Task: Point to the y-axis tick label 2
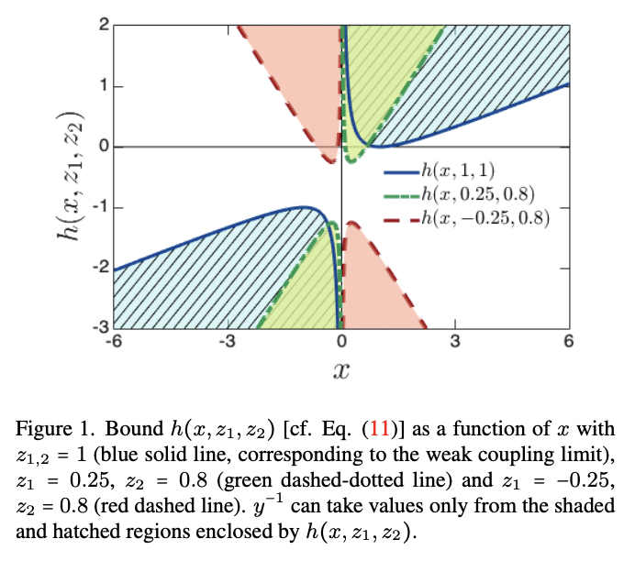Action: [x=102, y=26]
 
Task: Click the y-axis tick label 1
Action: [x=102, y=86]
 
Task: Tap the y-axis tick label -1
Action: [x=99, y=207]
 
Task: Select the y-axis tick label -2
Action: [x=99, y=268]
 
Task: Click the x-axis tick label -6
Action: [x=113, y=341]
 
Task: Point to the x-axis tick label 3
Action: [x=454, y=341]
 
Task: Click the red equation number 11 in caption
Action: [x=376, y=428]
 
